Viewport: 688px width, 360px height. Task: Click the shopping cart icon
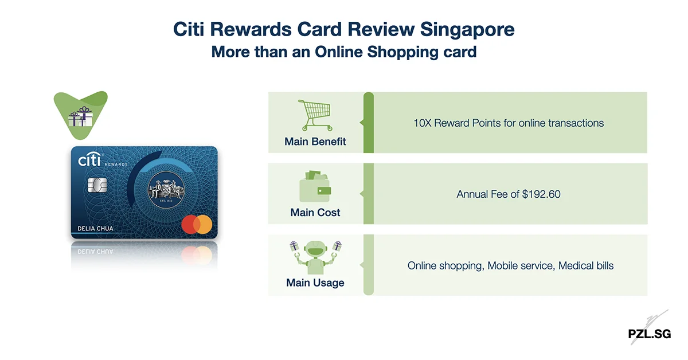pyautogui.click(x=315, y=115)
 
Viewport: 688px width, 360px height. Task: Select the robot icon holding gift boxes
pyautogui.click(x=315, y=257)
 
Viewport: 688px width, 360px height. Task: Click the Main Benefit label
pyautogui.click(x=315, y=142)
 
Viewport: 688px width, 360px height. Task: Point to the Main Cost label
pyautogui.click(x=315, y=213)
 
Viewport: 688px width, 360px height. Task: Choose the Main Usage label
pyautogui.click(x=315, y=283)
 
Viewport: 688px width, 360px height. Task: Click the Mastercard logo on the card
pyautogui.click(x=196, y=225)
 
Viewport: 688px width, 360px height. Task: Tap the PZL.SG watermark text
pyautogui.click(x=649, y=334)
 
